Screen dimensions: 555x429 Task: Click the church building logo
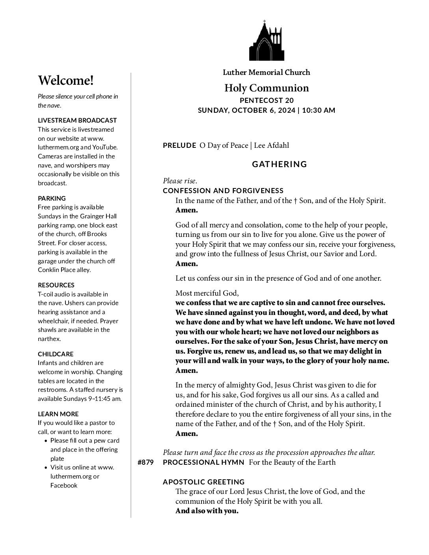click(x=266, y=41)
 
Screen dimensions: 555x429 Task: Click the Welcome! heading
click(x=66, y=80)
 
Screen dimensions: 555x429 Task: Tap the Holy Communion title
click(x=267, y=88)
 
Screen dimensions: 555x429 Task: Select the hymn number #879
click(x=145, y=462)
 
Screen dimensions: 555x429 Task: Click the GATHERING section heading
click(x=279, y=164)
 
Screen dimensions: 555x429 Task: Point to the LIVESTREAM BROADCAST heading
click(x=77, y=120)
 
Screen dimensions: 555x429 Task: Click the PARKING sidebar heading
click(x=52, y=198)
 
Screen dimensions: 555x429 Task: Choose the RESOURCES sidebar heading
click(x=56, y=285)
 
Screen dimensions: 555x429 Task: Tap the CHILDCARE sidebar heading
click(x=56, y=354)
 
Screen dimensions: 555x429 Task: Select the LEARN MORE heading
click(x=58, y=414)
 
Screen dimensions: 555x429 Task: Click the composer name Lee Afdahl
click(x=271, y=145)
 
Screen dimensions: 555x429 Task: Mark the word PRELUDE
click(x=179, y=145)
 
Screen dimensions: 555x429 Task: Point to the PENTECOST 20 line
click(x=267, y=101)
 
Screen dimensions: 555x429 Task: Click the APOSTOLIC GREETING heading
click(x=204, y=482)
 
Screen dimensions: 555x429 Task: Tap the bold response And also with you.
click(x=207, y=511)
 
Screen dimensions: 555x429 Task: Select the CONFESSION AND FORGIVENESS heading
click(x=223, y=191)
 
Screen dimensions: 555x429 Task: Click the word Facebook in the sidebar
click(x=64, y=485)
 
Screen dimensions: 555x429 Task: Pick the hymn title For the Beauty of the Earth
click(x=292, y=462)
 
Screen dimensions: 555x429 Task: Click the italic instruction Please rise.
click(x=180, y=181)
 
